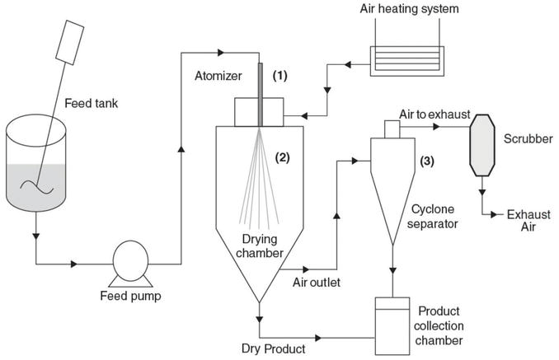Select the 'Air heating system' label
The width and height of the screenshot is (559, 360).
(x=411, y=10)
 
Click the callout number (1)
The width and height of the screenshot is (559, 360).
(x=280, y=76)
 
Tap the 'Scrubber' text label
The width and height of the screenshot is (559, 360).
(x=528, y=138)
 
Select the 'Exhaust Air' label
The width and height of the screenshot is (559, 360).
(x=528, y=222)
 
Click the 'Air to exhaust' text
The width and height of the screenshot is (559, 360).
(x=436, y=116)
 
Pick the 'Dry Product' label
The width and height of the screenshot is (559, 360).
(x=272, y=349)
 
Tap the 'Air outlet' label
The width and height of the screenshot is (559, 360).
(x=319, y=283)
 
